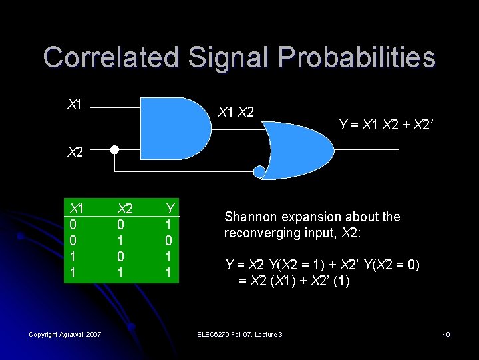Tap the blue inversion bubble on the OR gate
tap(259, 172)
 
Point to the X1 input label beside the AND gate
tap(75, 104)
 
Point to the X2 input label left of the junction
tap(75, 152)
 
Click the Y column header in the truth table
tap(170, 209)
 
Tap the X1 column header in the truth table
tap(77, 209)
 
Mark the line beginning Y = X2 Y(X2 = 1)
tap(323, 265)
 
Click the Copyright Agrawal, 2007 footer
tap(65, 334)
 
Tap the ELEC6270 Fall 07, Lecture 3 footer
tap(239, 334)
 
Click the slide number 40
tap(446, 334)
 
